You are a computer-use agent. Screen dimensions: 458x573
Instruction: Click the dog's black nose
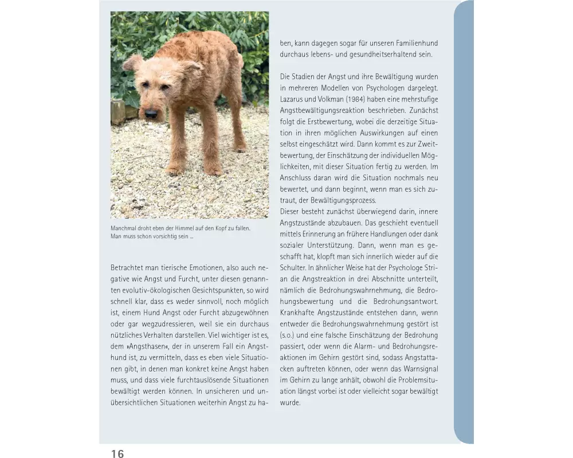coord(151,114)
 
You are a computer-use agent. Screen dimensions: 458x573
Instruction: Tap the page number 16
coord(117,454)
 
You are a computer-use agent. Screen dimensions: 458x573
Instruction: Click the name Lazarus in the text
coord(294,98)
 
